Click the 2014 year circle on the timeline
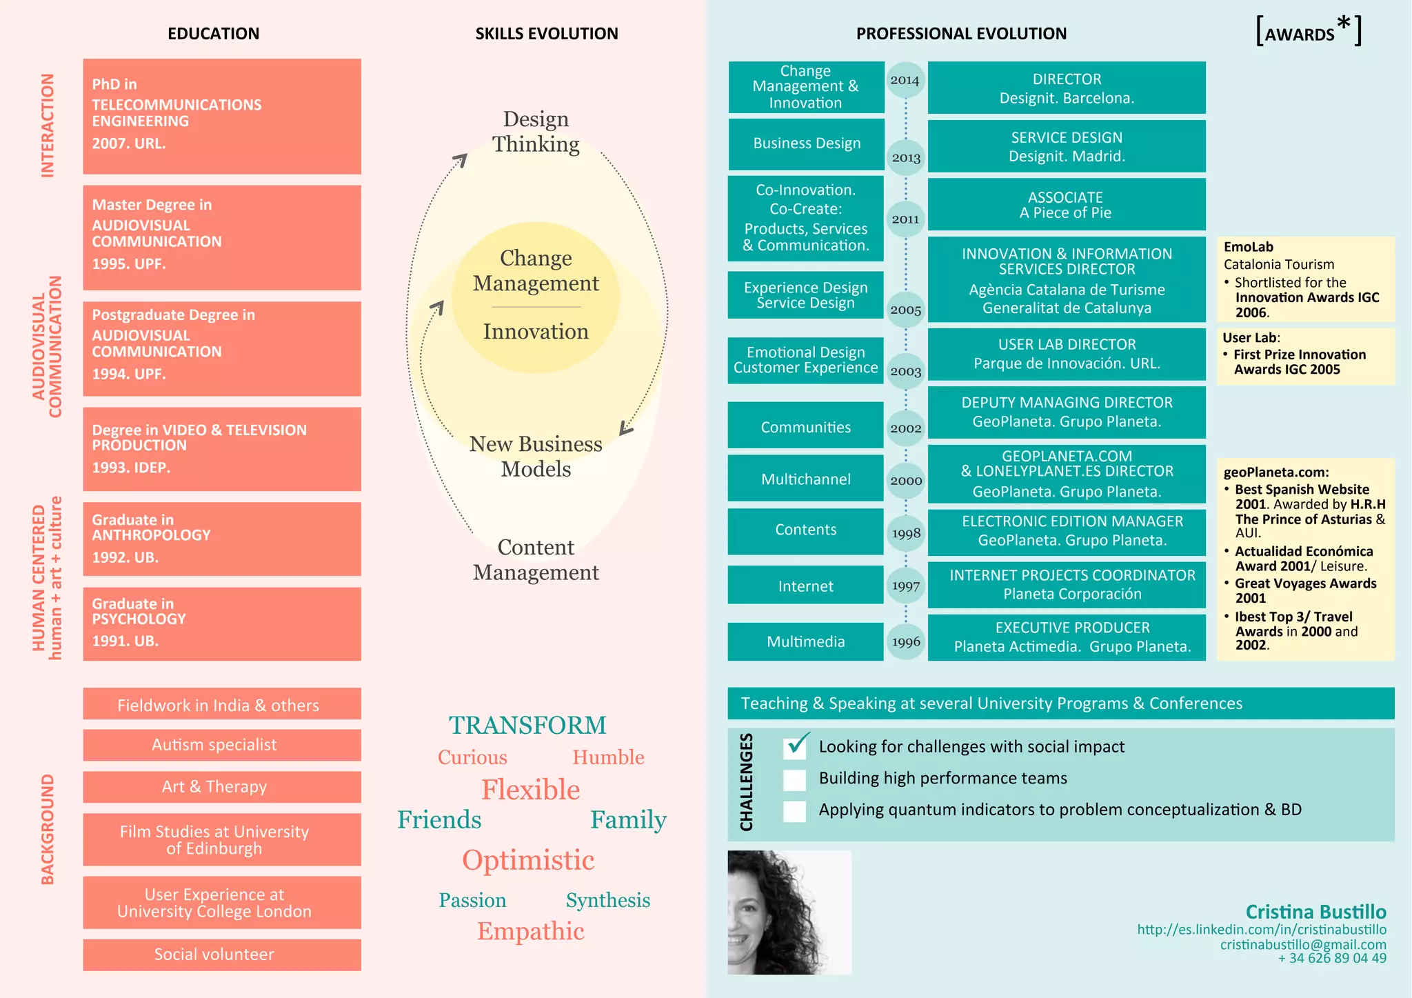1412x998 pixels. [x=905, y=80]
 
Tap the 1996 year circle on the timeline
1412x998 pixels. [x=905, y=641]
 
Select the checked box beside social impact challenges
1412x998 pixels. [x=795, y=747]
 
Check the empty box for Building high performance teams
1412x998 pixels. [x=795, y=779]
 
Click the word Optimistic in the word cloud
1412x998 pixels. [x=528, y=860]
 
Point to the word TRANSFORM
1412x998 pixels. [x=527, y=726]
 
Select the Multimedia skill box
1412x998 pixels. [x=805, y=641]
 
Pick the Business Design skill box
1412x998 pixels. [x=806, y=143]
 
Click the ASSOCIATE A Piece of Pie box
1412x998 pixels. [x=1066, y=205]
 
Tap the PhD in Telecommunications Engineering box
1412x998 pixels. [x=222, y=116]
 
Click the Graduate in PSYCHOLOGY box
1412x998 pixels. [x=222, y=623]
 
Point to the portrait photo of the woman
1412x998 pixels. [x=789, y=912]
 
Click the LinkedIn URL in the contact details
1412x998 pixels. [x=1261, y=930]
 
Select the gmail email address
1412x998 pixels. [x=1302, y=944]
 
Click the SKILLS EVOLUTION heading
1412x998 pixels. [x=546, y=34]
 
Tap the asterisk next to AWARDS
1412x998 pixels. [x=1344, y=25]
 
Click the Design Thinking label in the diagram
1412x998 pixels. [x=536, y=132]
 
